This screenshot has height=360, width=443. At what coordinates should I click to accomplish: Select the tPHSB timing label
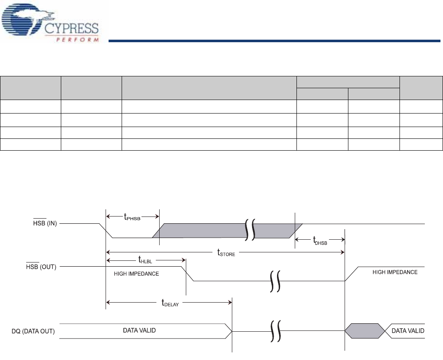[x=132, y=218]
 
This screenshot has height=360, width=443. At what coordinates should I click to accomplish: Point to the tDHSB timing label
[x=321, y=242]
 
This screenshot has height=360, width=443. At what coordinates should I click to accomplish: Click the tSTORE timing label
[x=226, y=253]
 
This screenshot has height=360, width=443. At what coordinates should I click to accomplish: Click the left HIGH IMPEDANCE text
[x=136, y=274]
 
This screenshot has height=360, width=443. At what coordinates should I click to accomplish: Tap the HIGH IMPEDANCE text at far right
[x=395, y=273]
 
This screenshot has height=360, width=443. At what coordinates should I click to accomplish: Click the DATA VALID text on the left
[x=139, y=330]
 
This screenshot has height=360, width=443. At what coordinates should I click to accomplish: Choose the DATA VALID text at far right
[x=408, y=330]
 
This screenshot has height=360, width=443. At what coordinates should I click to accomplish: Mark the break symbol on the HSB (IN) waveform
[x=250, y=230]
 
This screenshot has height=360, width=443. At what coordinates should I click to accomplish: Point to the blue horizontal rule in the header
[x=274, y=41]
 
